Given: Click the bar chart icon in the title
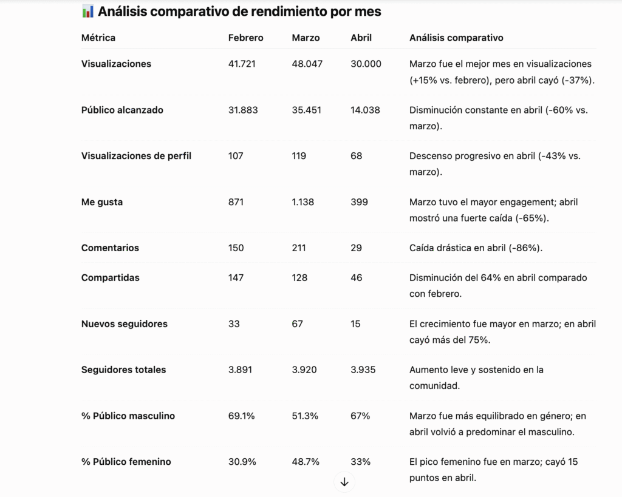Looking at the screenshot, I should point(87,12).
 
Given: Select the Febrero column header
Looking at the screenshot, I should point(245,38).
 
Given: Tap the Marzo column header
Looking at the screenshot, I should point(306,38).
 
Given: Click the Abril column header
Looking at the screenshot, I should point(361,38).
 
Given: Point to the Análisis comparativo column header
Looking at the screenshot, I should point(456,38).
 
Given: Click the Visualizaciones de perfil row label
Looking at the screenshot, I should point(136,156).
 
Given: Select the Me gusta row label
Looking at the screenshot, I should point(102,202).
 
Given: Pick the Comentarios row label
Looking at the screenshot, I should point(110,248).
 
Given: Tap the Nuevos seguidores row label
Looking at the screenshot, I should point(124,324).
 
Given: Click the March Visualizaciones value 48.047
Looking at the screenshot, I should point(307,64).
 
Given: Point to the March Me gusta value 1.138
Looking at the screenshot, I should point(302,202).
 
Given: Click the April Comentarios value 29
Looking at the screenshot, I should point(356,248).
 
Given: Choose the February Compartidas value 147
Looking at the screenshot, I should point(236,278).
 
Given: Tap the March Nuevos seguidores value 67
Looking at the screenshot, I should point(297,324).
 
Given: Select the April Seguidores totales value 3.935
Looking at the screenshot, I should point(363,370).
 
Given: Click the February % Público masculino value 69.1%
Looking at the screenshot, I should point(241,416).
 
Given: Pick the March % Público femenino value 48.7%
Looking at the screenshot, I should point(306,462).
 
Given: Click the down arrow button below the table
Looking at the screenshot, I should point(344,482).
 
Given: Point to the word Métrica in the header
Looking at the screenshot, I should point(98,38).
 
